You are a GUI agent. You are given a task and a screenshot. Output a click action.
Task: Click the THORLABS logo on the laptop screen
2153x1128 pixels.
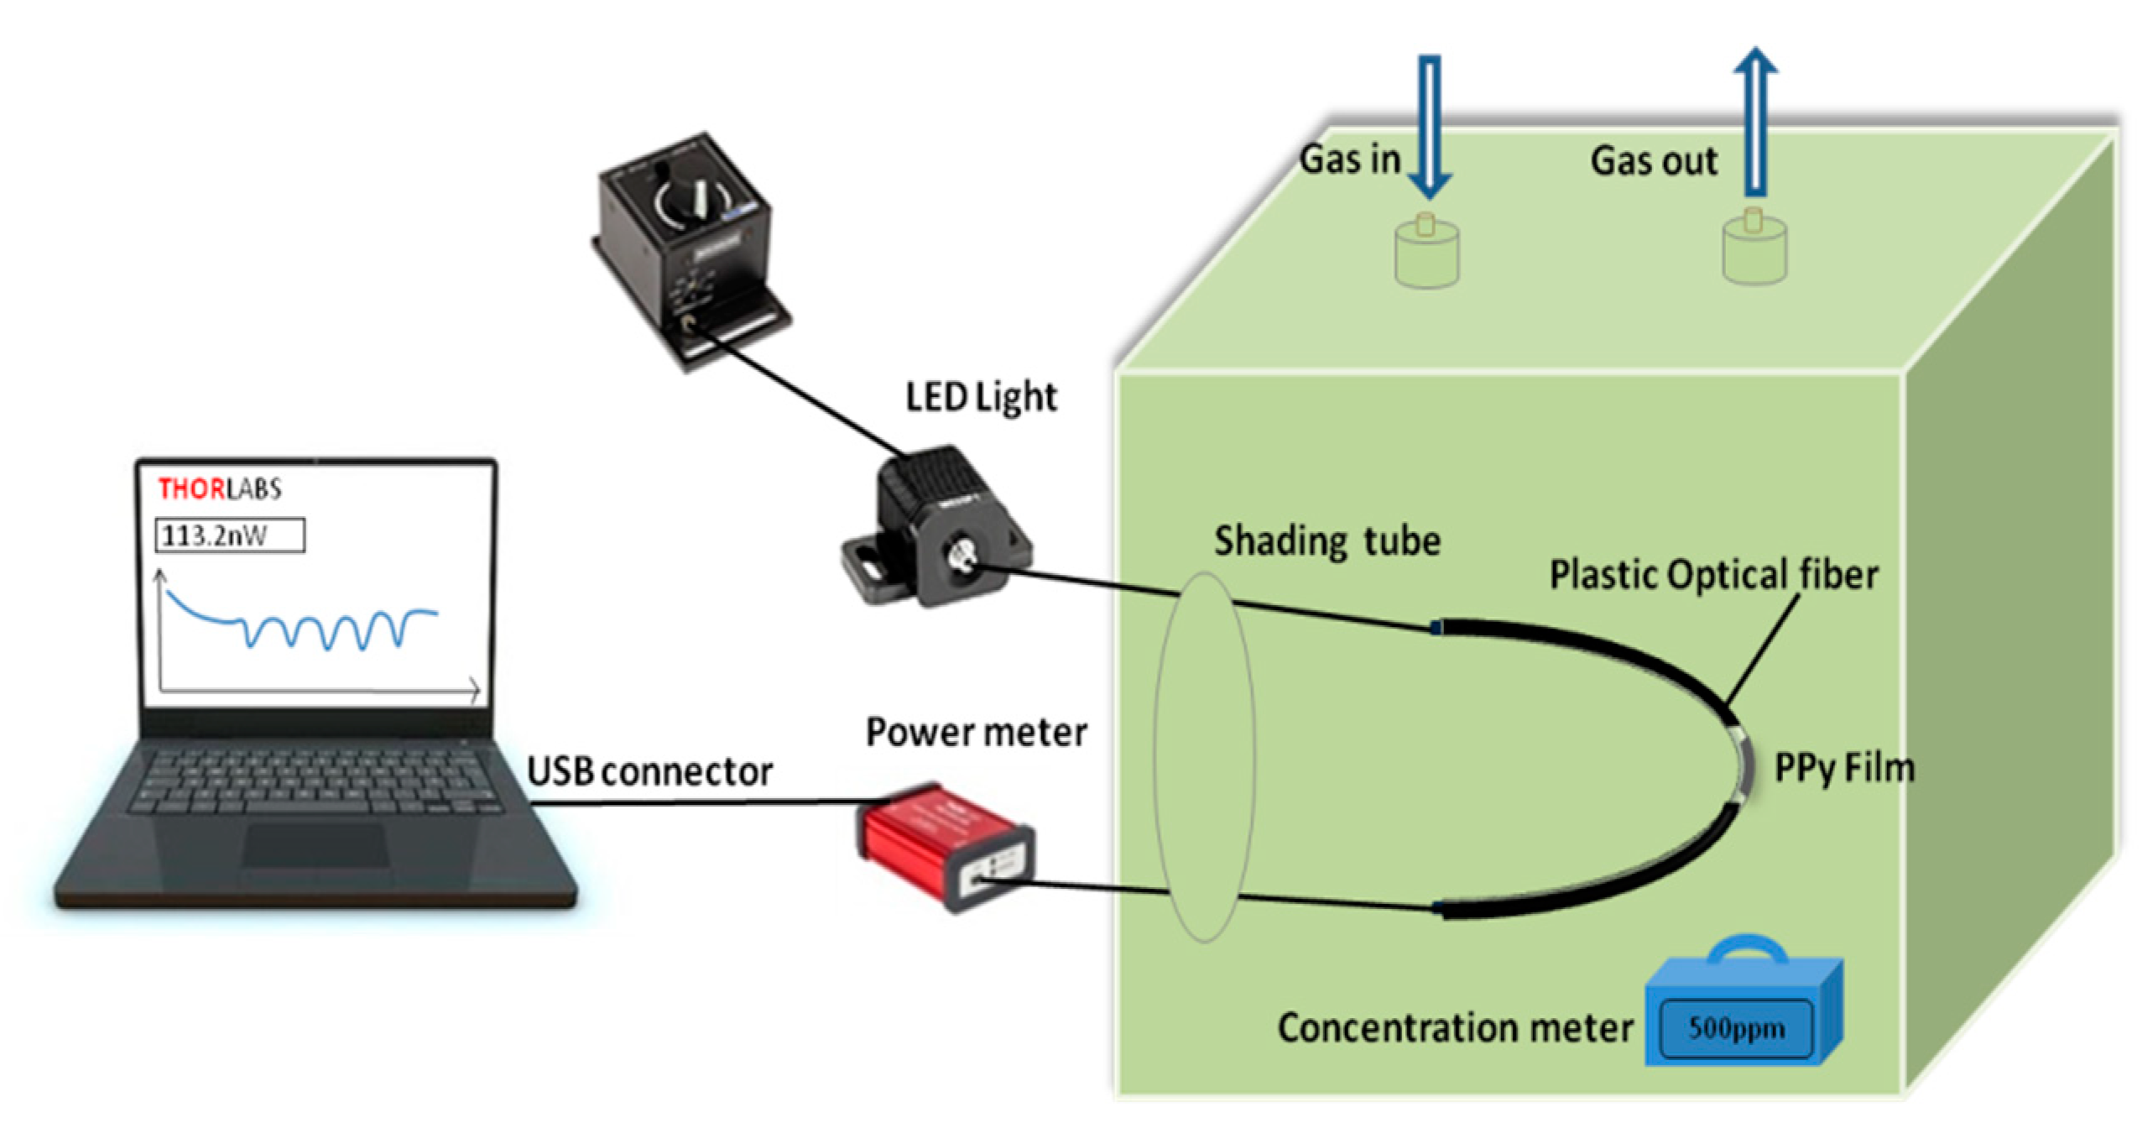tap(219, 488)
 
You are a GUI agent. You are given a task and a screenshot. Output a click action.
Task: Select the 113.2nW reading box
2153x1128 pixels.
tap(229, 535)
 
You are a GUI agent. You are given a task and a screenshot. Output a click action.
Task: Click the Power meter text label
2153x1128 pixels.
tap(976, 733)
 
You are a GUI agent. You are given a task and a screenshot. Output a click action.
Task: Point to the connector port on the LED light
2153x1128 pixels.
tap(960, 556)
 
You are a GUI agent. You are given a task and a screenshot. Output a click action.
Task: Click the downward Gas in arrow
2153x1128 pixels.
tap(1429, 126)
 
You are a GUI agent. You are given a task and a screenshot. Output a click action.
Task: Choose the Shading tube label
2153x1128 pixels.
tap(1327, 541)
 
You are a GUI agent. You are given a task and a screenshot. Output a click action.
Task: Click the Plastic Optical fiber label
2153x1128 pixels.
tap(1712, 576)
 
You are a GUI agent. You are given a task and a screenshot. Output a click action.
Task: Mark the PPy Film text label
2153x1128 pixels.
tap(1843, 768)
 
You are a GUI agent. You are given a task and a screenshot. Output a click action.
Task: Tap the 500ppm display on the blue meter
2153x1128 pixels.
tap(1735, 1028)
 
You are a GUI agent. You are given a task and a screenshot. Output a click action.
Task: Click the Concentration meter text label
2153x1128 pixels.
tap(1454, 1028)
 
